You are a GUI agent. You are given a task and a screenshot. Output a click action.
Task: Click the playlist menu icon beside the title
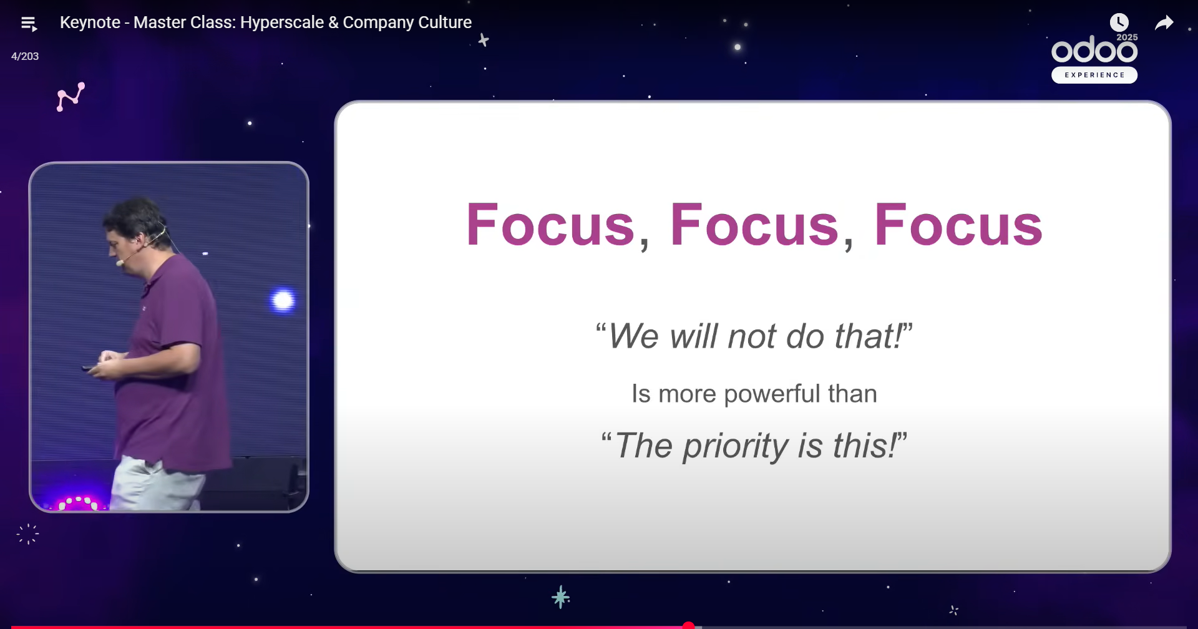[29, 24]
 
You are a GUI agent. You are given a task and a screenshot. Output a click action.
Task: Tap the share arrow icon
[1164, 23]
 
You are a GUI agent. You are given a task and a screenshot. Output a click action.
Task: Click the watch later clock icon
[1119, 22]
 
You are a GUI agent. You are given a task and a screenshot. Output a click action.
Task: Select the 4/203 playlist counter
[25, 56]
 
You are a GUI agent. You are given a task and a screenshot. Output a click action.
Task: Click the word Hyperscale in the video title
[282, 22]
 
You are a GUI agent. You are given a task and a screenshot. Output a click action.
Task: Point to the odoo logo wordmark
[1094, 49]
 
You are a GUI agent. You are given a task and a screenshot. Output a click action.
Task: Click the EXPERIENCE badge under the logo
[1094, 75]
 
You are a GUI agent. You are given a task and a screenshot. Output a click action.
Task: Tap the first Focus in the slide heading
[550, 225]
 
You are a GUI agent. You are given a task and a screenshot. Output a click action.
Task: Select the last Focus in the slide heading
[958, 225]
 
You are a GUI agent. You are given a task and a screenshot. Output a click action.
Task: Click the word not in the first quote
[752, 336]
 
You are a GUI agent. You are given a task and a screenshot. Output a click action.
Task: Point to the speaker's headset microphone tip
[119, 263]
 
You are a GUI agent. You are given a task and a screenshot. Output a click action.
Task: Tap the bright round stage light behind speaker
[283, 300]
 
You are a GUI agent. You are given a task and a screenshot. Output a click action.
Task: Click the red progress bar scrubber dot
[688, 625]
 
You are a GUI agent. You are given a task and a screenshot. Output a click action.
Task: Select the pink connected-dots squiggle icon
[71, 97]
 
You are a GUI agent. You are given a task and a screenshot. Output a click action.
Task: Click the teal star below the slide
[561, 597]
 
